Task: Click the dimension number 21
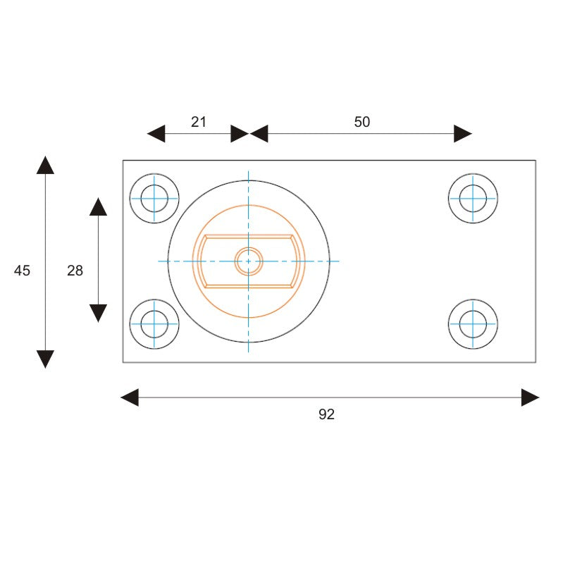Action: point(199,122)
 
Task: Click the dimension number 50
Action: point(361,122)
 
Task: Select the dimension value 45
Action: point(23,270)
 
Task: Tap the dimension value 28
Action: point(75,270)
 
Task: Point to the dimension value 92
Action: point(326,414)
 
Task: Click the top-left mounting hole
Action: point(154,198)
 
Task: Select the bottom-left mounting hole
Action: point(154,324)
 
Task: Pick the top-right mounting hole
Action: point(473,198)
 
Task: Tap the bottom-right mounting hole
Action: point(473,324)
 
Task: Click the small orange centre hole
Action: point(248,261)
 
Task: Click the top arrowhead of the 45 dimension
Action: point(45,166)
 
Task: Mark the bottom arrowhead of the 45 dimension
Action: point(45,359)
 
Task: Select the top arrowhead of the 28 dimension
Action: point(98,207)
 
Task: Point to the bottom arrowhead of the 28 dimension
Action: point(98,313)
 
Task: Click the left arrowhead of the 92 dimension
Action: point(130,397)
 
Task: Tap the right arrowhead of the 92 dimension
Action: point(530,397)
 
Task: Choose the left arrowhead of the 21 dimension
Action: point(156,134)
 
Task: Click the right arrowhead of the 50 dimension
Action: point(463,134)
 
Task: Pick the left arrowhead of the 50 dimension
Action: point(259,134)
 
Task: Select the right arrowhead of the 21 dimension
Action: point(240,134)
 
